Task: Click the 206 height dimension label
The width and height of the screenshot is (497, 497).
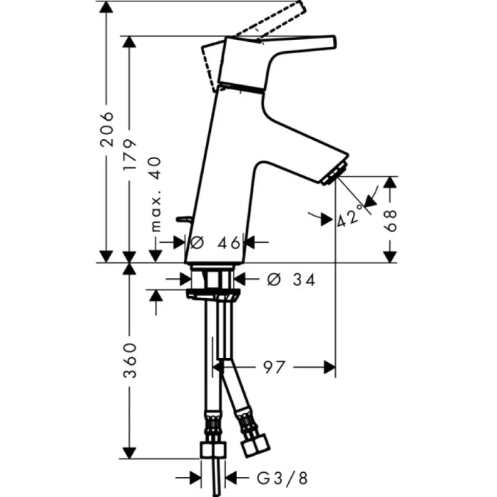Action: pyautogui.click(x=106, y=129)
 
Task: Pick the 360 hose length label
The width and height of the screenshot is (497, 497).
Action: pyautogui.click(x=129, y=360)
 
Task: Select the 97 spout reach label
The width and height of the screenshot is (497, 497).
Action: pyautogui.click(x=274, y=367)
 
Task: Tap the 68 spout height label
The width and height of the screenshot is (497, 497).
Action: pyautogui.click(x=389, y=219)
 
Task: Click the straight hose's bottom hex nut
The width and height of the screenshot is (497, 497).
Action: pyautogui.click(x=213, y=450)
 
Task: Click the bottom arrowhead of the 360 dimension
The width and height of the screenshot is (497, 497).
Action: pyautogui.click(x=129, y=452)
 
